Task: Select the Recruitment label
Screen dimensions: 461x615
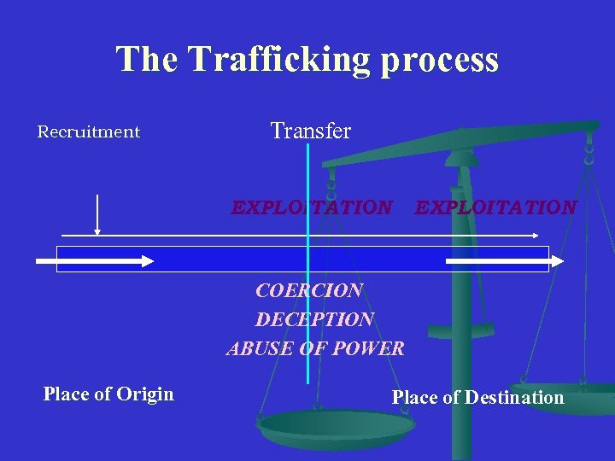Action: click(x=89, y=132)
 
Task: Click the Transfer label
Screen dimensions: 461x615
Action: click(x=311, y=131)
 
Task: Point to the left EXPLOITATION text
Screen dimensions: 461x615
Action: click(x=313, y=207)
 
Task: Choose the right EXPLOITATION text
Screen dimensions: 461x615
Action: click(x=495, y=207)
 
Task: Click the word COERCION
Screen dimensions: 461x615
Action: click(x=309, y=290)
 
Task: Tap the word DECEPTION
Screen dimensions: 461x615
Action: click(x=314, y=319)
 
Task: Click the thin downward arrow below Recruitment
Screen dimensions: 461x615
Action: click(x=98, y=214)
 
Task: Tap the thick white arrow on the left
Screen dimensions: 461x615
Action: click(x=95, y=260)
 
